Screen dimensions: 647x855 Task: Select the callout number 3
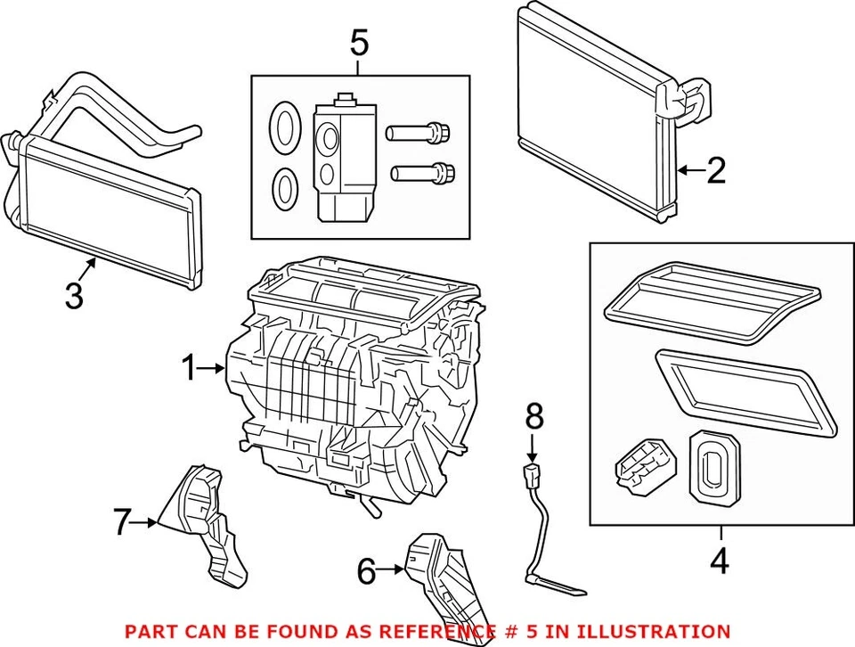click(75, 294)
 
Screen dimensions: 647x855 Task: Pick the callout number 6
click(366, 571)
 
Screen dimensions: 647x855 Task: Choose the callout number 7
click(122, 522)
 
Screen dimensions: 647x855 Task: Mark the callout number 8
click(533, 414)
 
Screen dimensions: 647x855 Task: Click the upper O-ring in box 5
click(283, 126)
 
